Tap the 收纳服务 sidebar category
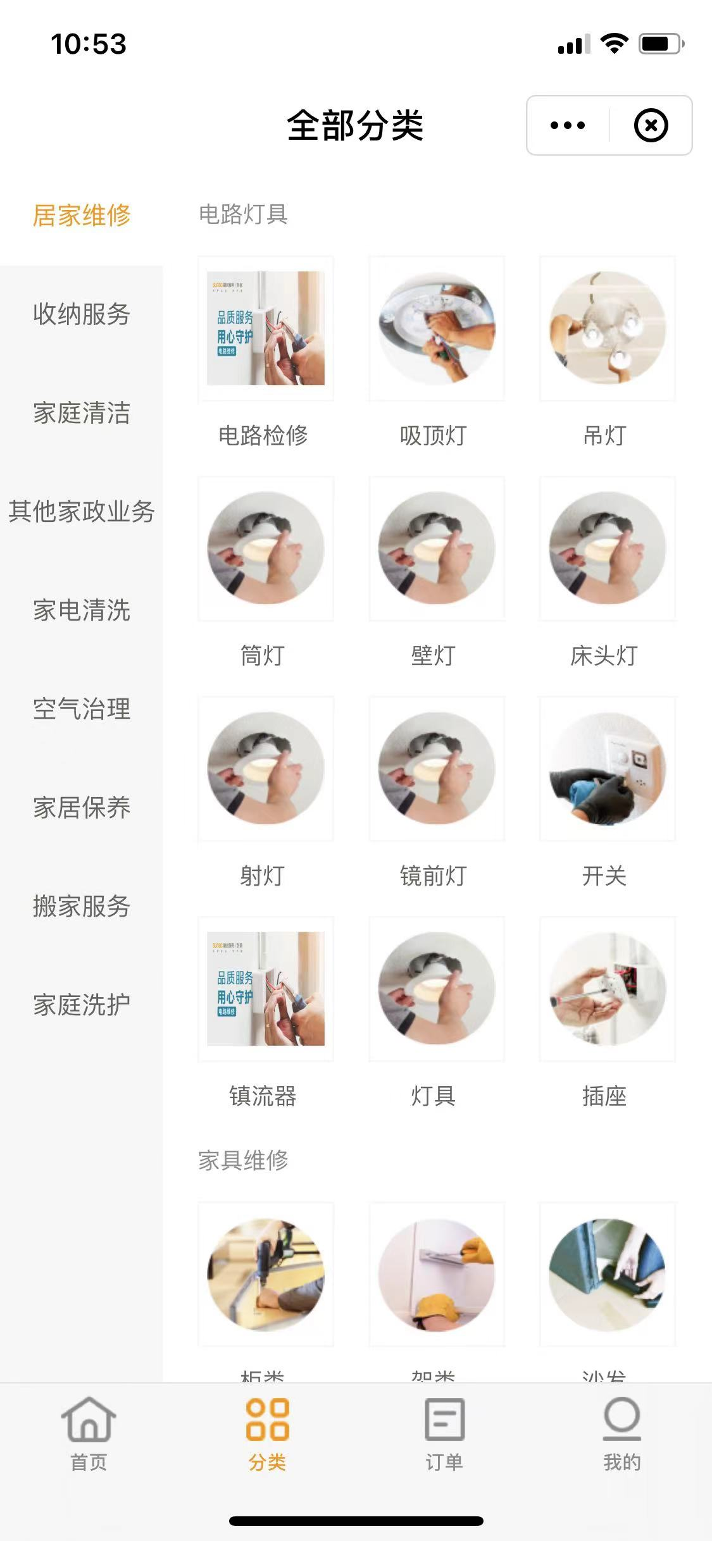(81, 314)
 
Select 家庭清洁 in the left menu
(81, 413)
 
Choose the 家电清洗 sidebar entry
(81, 610)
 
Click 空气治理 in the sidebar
(81, 709)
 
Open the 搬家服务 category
(81, 907)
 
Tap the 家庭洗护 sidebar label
(81, 1005)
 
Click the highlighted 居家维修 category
(81, 215)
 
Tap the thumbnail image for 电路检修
(265, 328)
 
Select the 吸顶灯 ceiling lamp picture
(436, 328)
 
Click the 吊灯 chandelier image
(607, 328)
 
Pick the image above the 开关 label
(607, 769)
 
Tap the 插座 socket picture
(607, 989)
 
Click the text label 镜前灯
(434, 876)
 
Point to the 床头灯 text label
(604, 656)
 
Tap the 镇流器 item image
(265, 989)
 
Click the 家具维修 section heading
(243, 1160)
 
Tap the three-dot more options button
(568, 125)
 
